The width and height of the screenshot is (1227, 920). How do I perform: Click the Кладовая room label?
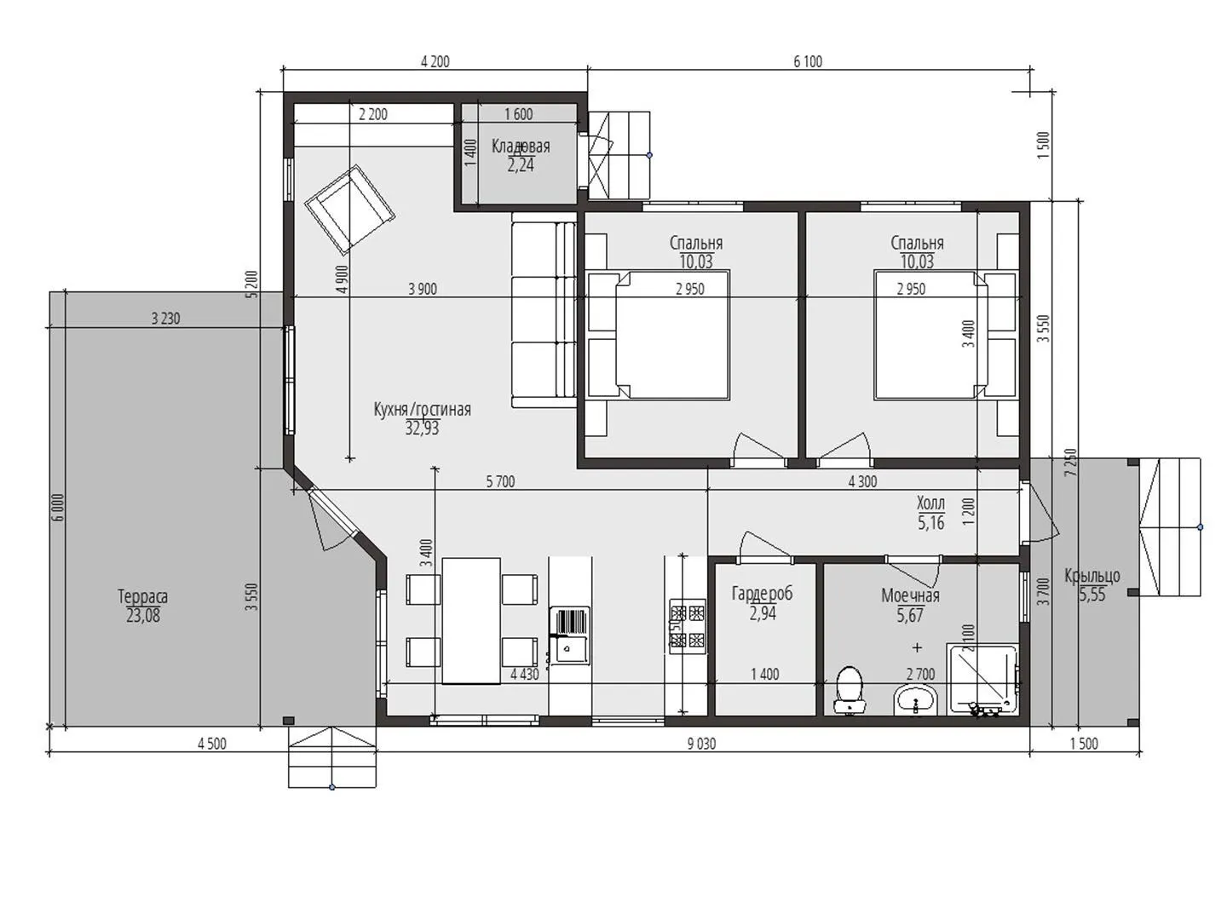click(x=521, y=147)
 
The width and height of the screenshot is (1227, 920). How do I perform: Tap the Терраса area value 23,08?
click(x=143, y=616)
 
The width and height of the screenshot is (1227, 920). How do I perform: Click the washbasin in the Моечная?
click(x=916, y=700)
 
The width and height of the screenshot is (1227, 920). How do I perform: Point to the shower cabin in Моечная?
click(x=982, y=680)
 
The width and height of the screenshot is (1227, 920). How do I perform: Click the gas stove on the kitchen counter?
click(x=687, y=625)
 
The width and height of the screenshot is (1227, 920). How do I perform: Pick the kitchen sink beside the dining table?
click(x=569, y=635)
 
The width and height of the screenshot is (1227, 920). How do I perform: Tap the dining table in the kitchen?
click(x=471, y=620)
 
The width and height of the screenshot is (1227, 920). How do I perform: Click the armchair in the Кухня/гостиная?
click(x=350, y=208)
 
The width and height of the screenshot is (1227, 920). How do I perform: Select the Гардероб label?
click(x=762, y=593)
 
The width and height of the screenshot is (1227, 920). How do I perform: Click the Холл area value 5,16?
click(x=930, y=523)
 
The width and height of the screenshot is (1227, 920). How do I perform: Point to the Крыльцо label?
click(x=1092, y=575)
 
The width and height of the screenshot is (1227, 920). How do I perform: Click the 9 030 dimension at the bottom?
click(x=701, y=744)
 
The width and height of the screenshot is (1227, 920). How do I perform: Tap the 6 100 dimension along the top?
click(x=808, y=61)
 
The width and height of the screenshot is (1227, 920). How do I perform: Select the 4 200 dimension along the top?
click(x=435, y=61)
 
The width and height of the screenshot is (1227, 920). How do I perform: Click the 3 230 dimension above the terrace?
click(x=166, y=319)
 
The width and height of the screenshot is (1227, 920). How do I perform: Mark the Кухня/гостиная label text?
click(x=422, y=410)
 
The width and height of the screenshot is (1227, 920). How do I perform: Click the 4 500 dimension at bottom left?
click(x=212, y=744)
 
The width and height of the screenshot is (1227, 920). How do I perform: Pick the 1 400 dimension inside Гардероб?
click(x=764, y=674)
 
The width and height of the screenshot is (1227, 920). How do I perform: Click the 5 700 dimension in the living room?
click(x=500, y=481)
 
